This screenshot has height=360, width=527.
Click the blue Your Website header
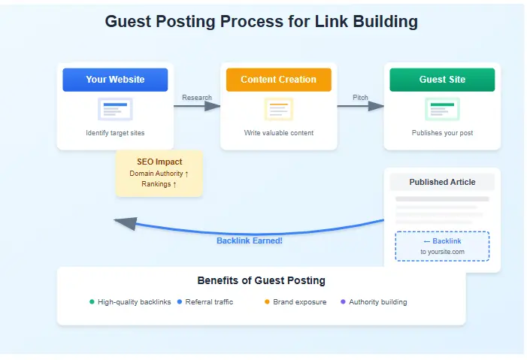[x=115, y=80]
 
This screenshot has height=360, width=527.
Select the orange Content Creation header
[x=278, y=80]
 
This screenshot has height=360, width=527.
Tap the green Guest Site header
[x=442, y=80]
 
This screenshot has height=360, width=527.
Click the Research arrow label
[x=197, y=98]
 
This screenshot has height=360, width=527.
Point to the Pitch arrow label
[x=360, y=98]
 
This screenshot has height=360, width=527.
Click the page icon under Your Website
[x=115, y=110]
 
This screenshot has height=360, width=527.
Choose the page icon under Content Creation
[x=278, y=110]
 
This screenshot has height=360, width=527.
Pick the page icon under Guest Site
[x=442, y=110]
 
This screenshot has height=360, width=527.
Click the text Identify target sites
[x=115, y=133]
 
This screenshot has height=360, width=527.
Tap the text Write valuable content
[x=278, y=133]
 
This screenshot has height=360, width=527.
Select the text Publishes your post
[x=442, y=133]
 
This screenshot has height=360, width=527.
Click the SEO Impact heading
[x=159, y=162]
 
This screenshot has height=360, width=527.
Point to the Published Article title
[x=441, y=182]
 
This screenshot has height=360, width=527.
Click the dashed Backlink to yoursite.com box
[x=442, y=246]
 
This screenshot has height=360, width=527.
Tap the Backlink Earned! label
[x=250, y=241]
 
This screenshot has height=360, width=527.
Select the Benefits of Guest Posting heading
[x=261, y=280]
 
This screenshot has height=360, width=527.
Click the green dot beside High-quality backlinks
[x=92, y=302]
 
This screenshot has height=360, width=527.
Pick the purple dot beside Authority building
[x=344, y=302]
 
